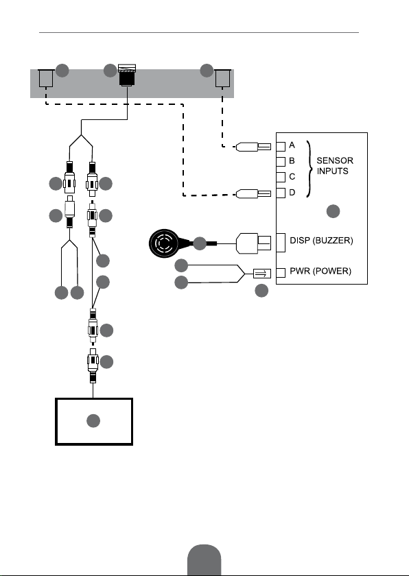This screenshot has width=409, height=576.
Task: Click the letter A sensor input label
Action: click(292, 145)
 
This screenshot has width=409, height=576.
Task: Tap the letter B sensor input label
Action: click(292, 160)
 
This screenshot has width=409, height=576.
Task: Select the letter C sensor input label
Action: click(292, 177)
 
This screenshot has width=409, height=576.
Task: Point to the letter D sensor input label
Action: click(292, 193)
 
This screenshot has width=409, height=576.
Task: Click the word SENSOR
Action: click(335, 160)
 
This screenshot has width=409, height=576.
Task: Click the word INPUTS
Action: click(333, 171)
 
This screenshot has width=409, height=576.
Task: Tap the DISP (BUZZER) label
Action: click(321, 241)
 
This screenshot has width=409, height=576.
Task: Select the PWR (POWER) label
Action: click(320, 271)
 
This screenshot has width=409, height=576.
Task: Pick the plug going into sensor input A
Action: click(253, 147)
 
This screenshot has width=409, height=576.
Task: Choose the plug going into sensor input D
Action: click(253, 193)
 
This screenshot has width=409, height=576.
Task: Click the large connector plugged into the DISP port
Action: click(253, 243)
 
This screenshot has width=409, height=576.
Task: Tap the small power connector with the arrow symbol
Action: click(262, 274)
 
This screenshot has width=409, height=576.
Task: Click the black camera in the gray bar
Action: click(127, 75)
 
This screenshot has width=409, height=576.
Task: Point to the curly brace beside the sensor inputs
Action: click(310, 169)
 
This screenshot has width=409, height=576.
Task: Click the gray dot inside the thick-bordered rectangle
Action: click(93, 421)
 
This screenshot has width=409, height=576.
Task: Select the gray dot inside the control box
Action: click(334, 211)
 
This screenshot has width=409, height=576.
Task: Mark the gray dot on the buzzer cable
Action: click(200, 243)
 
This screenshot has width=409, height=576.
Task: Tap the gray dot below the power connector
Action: click(261, 291)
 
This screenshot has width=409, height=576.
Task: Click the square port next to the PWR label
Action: click(281, 273)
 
